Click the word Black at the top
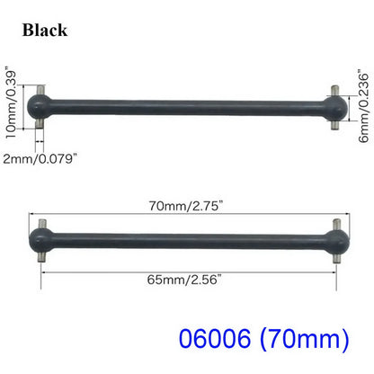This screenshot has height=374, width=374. tap(46, 30)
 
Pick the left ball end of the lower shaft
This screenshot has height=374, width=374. tap(42, 238)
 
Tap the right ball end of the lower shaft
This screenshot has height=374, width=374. tap(334, 239)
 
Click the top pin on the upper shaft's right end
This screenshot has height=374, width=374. tap(331, 93)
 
